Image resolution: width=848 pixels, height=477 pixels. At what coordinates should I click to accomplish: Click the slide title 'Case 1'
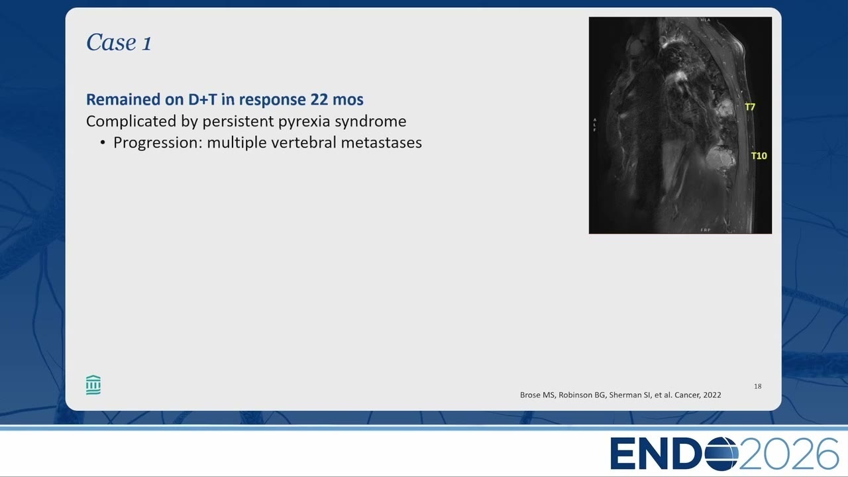[119, 42]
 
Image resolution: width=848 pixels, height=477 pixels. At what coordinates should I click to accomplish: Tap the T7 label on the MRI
[750, 107]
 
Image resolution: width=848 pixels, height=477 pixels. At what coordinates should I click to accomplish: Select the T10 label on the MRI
[759, 156]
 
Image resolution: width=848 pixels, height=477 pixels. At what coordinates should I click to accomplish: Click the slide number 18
[757, 386]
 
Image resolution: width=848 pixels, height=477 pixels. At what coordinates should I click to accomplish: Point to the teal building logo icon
[93, 385]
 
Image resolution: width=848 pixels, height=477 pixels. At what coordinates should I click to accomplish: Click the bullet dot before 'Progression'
[103, 143]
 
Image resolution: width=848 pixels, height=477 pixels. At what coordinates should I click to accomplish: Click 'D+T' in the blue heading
[203, 99]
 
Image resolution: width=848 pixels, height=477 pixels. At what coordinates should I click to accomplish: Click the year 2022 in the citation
[712, 395]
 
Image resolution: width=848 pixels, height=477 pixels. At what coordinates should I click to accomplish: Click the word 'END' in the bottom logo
[657, 453]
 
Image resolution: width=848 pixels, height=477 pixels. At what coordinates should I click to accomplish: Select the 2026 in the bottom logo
[788, 453]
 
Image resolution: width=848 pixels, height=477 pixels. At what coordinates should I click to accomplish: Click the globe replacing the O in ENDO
[721, 453]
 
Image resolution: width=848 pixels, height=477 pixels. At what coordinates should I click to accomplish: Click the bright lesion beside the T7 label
[724, 110]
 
